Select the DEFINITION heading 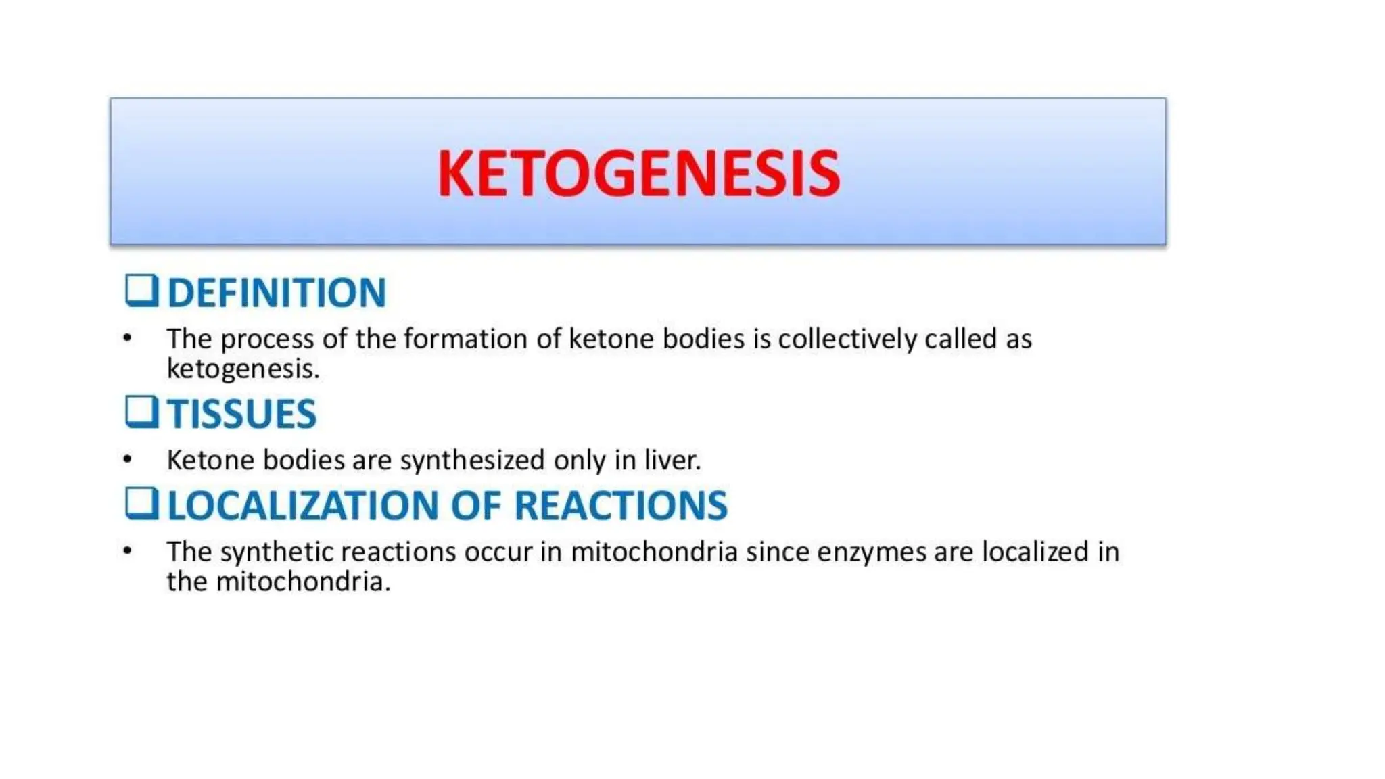pyautogui.click(x=277, y=293)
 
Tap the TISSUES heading pyautogui.click(x=241, y=414)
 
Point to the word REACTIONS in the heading pyautogui.click(x=621, y=506)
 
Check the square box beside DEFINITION pyautogui.click(x=141, y=291)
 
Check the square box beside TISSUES pyautogui.click(x=141, y=412)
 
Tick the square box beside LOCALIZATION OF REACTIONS pyautogui.click(x=141, y=504)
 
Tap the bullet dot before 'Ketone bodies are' pyautogui.click(x=128, y=460)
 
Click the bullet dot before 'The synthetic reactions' pyautogui.click(x=128, y=551)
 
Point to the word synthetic pyautogui.click(x=277, y=552)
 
